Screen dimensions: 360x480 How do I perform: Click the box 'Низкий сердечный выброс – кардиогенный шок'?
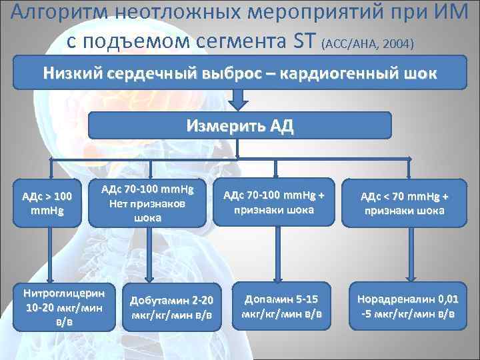pos(240,73)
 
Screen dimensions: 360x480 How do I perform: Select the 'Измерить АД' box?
pos(240,125)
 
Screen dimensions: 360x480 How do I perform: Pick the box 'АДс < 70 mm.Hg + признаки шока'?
pos(404,202)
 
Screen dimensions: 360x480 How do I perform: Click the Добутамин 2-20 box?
pos(172,307)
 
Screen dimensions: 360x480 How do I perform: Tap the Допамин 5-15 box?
pos(281,306)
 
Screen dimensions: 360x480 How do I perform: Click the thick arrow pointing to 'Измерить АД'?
pos(239,99)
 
